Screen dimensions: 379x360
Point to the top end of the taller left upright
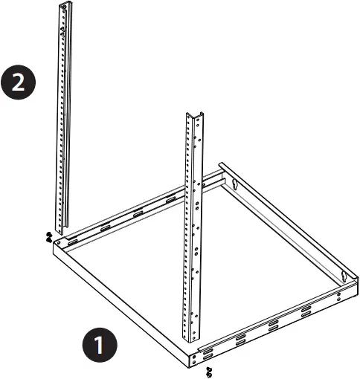click(67, 6)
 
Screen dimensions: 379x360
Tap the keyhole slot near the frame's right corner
click(344, 277)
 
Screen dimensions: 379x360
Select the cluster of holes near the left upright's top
click(65, 30)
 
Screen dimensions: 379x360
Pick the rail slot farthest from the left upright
click(172, 198)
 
